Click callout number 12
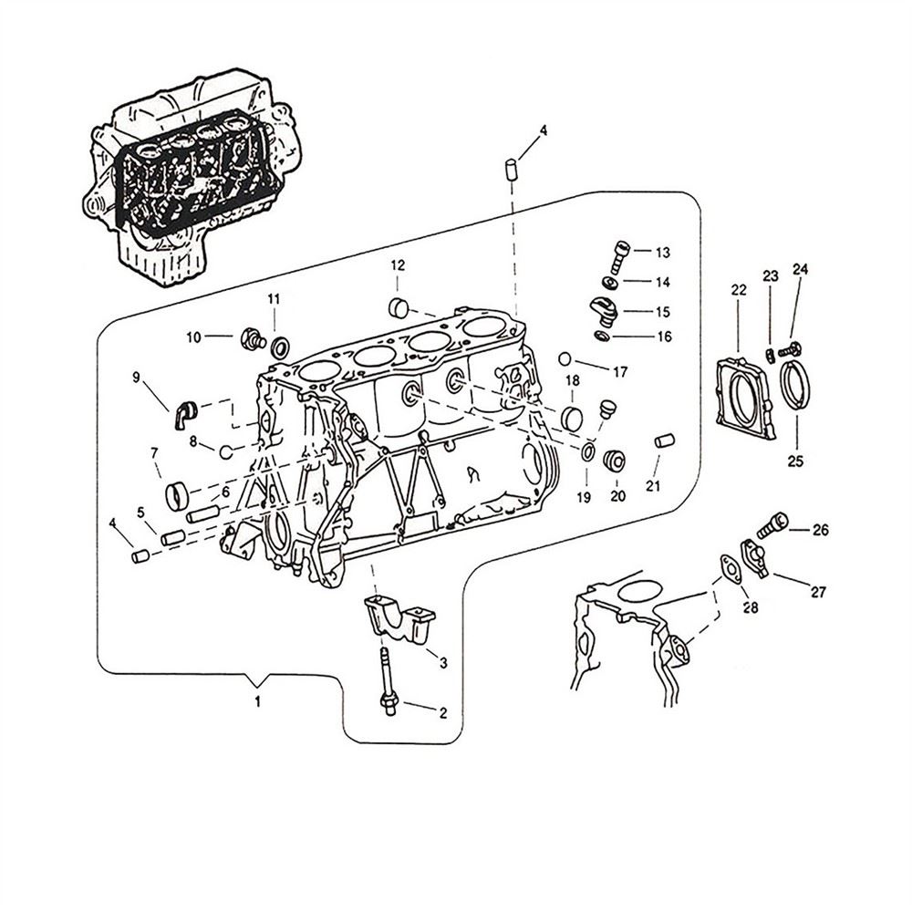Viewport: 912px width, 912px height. [x=398, y=265]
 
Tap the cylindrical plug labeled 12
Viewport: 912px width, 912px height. [x=399, y=306]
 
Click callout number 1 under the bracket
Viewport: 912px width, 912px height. [x=258, y=702]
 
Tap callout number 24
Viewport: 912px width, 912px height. [x=800, y=270]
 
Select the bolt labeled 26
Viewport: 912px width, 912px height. [x=768, y=524]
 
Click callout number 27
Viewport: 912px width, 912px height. [x=818, y=592]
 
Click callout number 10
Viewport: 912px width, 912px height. [x=193, y=337]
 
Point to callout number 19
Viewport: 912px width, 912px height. [x=584, y=497]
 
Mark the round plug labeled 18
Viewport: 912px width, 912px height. [x=572, y=419]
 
